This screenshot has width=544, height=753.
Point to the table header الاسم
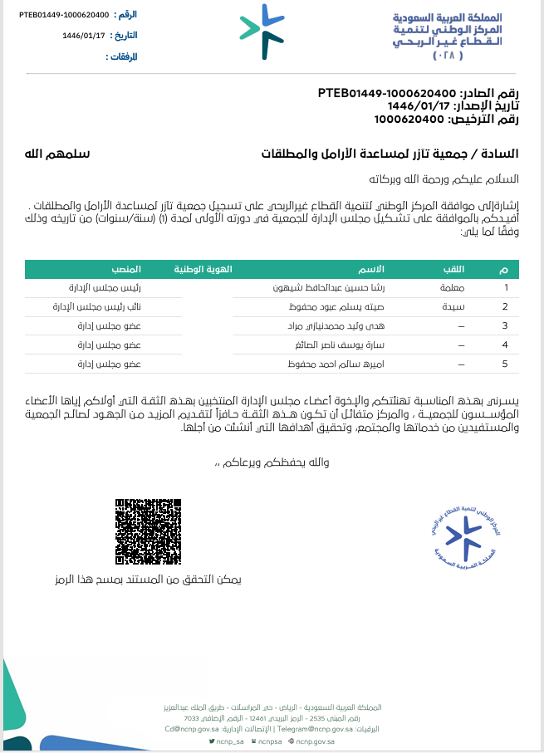pyautogui.click(x=370, y=270)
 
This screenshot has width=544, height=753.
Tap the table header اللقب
pyautogui.click(x=456, y=270)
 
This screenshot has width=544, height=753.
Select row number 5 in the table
pyautogui.click(x=505, y=363)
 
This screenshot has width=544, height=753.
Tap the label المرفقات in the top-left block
pyautogui.click(x=121, y=56)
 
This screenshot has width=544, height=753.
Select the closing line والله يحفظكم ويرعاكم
pyautogui.click(x=273, y=462)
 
